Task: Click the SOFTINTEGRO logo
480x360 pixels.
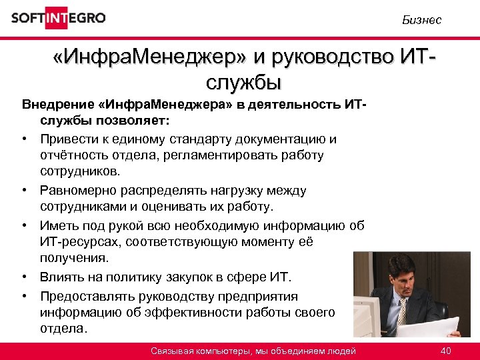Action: pos(58,18)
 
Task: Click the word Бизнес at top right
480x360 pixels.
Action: pos(421,20)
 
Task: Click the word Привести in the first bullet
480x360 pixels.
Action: pos(67,139)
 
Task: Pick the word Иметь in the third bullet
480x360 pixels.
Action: pos(58,224)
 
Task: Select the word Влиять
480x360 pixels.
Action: pos(61,276)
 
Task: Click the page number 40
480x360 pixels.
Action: pos(446,351)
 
